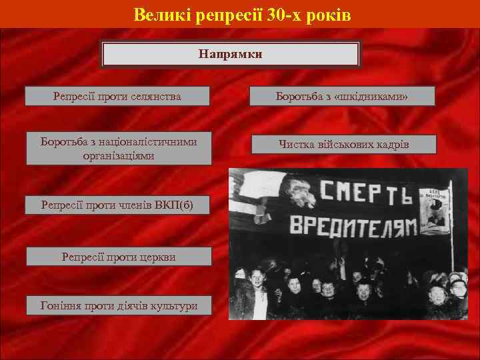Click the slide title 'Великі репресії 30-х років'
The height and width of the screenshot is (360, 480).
coord(241,14)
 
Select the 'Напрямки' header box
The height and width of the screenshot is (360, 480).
coord(230,53)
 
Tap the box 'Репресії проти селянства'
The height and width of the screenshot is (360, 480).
coord(117,96)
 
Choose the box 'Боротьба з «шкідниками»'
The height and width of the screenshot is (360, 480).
coord(342,97)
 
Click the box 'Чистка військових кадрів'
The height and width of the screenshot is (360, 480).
coord(344,145)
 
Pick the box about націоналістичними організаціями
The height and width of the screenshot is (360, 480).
coord(119,149)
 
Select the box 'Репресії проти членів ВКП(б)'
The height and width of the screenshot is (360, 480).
coord(117,205)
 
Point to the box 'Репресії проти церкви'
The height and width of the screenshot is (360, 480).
coord(118,256)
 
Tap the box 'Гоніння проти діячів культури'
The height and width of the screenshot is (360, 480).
coord(118,305)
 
